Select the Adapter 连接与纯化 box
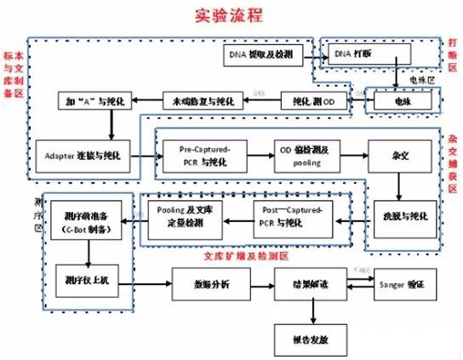point(84,157)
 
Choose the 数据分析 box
point(207,283)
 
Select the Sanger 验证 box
point(404,283)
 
